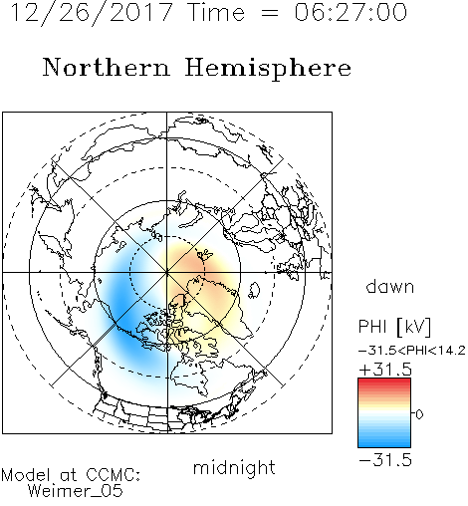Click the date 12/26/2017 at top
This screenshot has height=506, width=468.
(92, 13)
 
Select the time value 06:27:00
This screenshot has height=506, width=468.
(351, 12)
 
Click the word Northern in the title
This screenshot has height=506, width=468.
(107, 67)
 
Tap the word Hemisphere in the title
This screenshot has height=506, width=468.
(268, 69)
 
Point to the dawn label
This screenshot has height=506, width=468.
(390, 286)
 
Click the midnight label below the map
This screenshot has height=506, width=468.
(234, 468)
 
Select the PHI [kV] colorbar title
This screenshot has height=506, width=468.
(394, 327)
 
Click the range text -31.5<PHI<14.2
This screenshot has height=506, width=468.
(412, 351)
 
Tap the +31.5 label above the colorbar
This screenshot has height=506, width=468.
(385, 370)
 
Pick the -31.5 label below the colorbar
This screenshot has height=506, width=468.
(385, 460)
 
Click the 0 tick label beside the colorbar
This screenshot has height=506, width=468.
(419, 414)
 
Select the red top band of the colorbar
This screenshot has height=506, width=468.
(384, 381)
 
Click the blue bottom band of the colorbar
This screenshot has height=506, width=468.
(384, 443)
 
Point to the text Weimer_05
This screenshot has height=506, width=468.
(76, 491)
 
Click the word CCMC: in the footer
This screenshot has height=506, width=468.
(114, 475)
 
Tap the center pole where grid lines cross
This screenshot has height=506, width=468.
(167, 272)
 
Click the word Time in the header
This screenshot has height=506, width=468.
(216, 12)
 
